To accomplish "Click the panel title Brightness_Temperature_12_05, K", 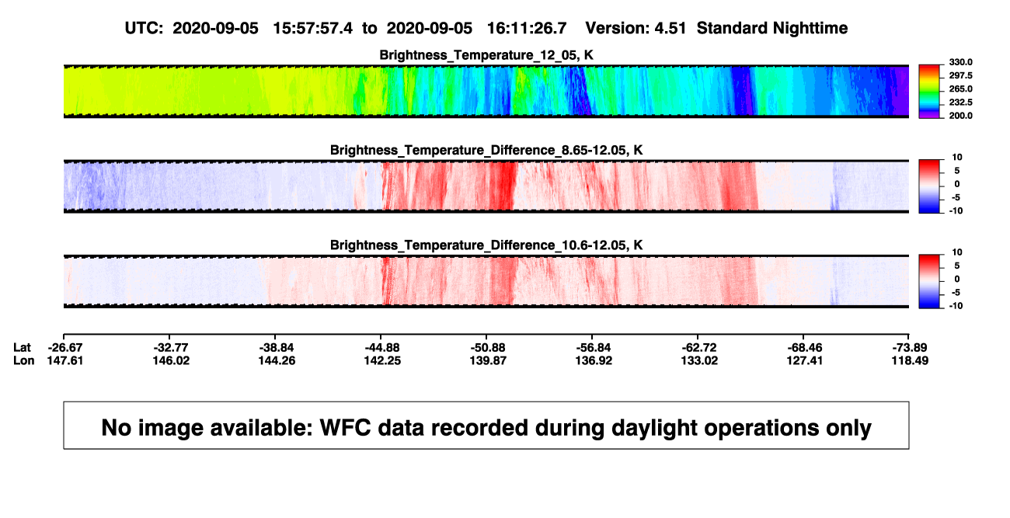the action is pyautogui.click(x=486, y=55).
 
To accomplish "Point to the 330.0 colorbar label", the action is pyautogui.click(x=960, y=62).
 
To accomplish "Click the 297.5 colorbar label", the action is pyautogui.click(x=960, y=75).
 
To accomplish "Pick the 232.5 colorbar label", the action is pyautogui.click(x=960, y=103).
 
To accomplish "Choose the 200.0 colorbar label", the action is pyautogui.click(x=960, y=116).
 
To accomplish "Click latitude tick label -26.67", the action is pyautogui.click(x=65, y=348).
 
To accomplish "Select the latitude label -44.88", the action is pyautogui.click(x=382, y=348).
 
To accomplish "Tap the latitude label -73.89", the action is pyautogui.click(x=910, y=348).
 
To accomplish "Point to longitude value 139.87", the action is pyautogui.click(x=488, y=360).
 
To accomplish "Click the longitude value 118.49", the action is pyautogui.click(x=910, y=360).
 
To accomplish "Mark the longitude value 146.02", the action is pyautogui.click(x=171, y=360).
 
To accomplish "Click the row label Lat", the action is pyautogui.click(x=22, y=348).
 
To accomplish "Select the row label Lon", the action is pyautogui.click(x=23, y=360).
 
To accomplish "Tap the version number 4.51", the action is pyautogui.click(x=670, y=28).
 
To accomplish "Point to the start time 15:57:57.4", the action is pyautogui.click(x=312, y=28).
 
